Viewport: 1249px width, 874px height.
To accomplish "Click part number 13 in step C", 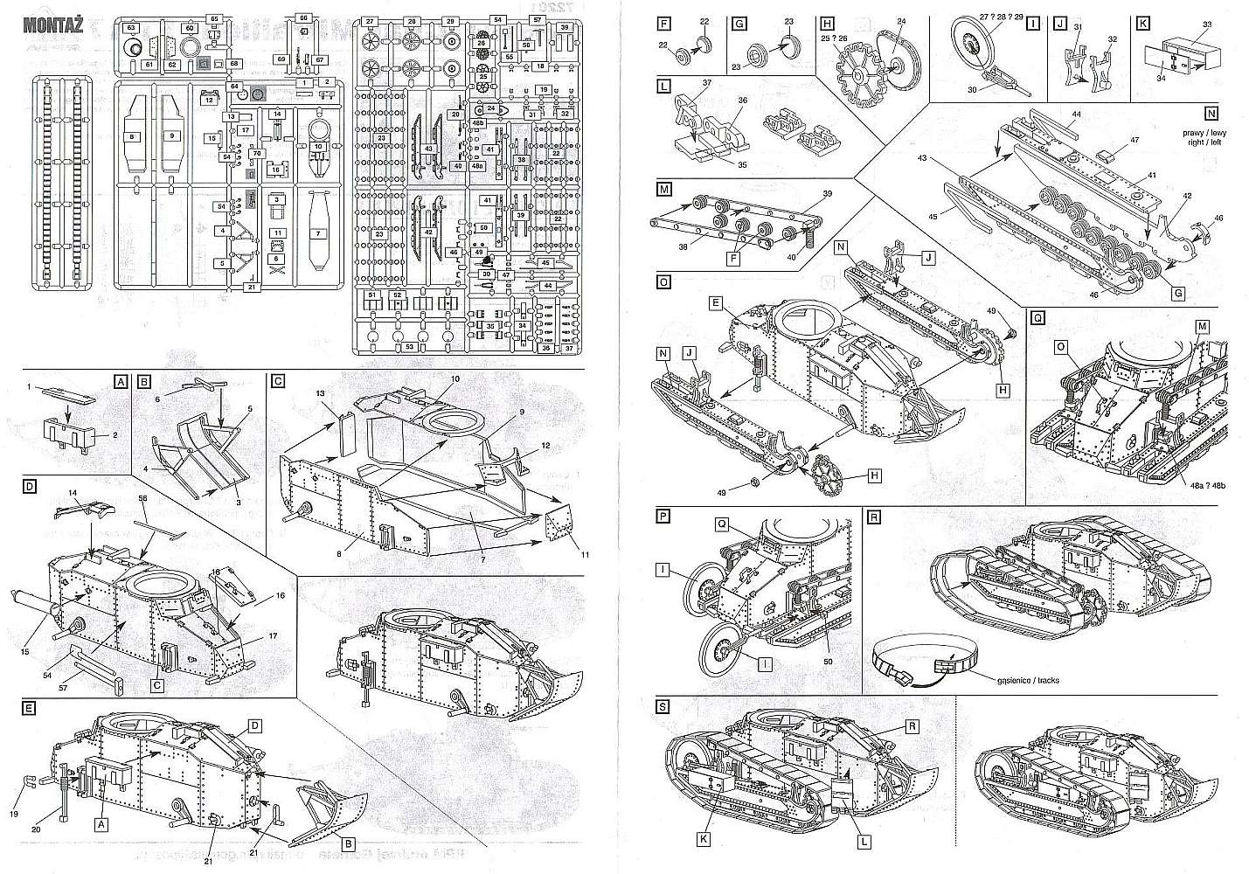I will tap(319, 394).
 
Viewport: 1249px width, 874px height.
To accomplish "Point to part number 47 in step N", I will tap(1135, 140).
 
